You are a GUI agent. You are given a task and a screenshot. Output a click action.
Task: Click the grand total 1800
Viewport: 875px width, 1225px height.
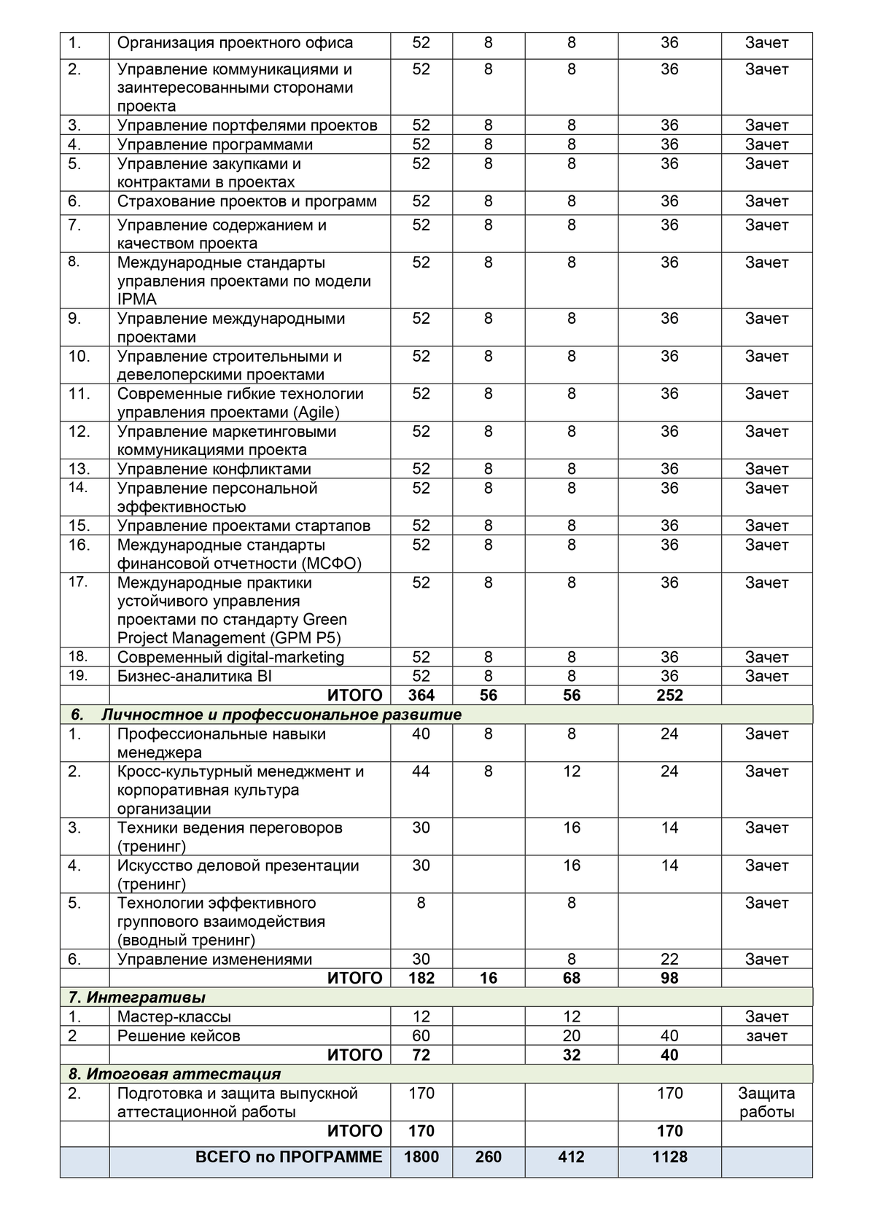(x=421, y=1156)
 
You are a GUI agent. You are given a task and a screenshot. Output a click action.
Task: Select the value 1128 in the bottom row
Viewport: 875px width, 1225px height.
(x=669, y=1156)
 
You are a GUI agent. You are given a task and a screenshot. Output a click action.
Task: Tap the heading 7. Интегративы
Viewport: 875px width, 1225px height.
(x=137, y=997)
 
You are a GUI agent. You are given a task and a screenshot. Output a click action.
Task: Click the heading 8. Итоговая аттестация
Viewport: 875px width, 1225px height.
(x=175, y=1074)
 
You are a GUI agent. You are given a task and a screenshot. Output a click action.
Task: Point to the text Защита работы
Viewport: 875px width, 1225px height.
(x=766, y=1102)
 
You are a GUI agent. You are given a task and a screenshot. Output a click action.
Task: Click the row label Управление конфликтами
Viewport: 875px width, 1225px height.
(x=214, y=469)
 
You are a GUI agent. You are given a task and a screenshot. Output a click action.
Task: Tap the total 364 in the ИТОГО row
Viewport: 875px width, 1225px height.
(x=421, y=695)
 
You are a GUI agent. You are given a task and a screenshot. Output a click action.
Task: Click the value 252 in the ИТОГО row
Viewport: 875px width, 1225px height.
(x=669, y=695)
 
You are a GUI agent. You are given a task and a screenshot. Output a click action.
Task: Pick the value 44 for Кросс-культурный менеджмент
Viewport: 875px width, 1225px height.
(x=421, y=771)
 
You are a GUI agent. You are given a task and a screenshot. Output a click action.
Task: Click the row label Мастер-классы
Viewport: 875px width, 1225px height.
(x=174, y=1016)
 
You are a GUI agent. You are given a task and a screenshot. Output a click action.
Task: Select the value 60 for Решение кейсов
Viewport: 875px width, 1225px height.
(x=421, y=1035)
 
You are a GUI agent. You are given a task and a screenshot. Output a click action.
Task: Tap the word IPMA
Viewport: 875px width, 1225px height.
(x=137, y=299)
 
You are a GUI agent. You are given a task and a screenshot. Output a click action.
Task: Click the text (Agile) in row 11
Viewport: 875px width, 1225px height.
(x=317, y=412)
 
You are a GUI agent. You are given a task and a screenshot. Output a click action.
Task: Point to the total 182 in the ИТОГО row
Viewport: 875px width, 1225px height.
(x=421, y=978)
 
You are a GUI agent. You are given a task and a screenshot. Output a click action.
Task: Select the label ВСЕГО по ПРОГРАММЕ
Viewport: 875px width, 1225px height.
(x=289, y=1156)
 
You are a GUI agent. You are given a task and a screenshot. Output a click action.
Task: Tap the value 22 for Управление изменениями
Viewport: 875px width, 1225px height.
(x=669, y=960)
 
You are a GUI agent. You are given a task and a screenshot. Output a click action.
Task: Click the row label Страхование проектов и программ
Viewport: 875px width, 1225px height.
(x=247, y=201)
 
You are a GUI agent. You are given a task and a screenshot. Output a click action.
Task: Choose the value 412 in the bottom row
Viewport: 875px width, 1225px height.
(x=572, y=1156)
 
